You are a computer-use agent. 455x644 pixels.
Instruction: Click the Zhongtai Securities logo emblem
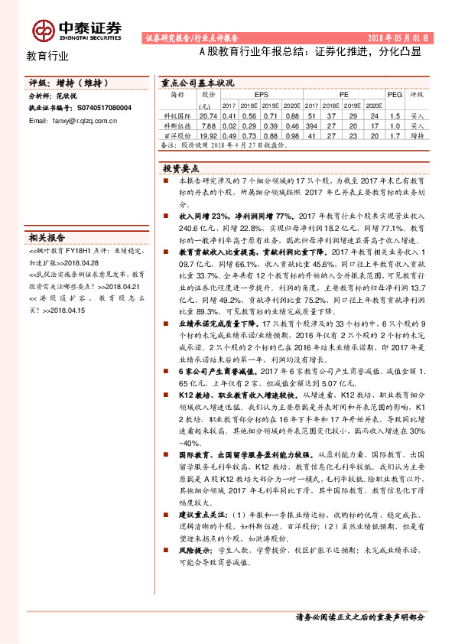tap(42, 29)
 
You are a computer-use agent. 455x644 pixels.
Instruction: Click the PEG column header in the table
tap(394, 94)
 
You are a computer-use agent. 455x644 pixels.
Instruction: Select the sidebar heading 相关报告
tap(47, 236)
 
